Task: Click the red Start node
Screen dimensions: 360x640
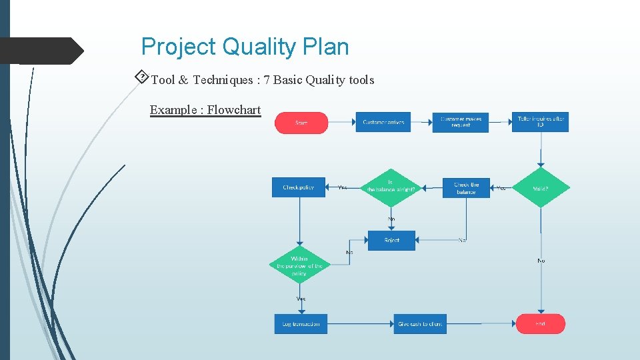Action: click(301, 123)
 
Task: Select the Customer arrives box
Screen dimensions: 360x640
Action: click(383, 122)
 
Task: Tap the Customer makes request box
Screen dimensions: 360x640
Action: click(460, 122)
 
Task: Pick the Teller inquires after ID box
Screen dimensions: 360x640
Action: click(540, 122)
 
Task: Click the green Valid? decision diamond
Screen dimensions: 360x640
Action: click(541, 188)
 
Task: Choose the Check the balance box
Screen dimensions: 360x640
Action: click(466, 188)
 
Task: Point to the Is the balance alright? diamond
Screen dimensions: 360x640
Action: click(391, 188)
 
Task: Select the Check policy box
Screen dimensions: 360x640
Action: click(299, 187)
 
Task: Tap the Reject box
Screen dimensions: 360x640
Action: click(391, 240)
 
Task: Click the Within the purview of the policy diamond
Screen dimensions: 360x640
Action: click(299, 265)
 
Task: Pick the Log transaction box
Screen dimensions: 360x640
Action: click(301, 324)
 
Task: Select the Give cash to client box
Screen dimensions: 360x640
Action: click(420, 324)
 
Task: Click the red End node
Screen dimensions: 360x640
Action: click(540, 324)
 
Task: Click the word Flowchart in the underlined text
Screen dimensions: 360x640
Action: click(234, 110)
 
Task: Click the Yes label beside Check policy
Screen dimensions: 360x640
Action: click(342, 187)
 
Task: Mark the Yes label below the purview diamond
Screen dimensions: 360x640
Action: click(301, 299)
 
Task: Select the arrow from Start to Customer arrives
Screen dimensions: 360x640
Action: click(341, 122)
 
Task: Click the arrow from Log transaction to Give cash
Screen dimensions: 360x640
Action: click(360, 324)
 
